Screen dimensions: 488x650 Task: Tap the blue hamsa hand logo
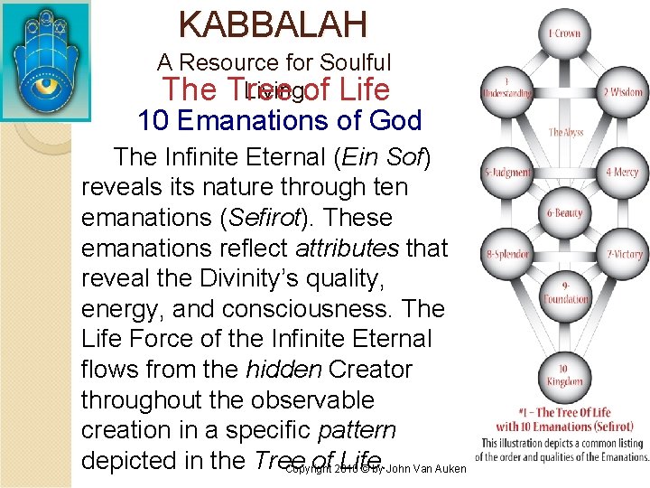(46, 48)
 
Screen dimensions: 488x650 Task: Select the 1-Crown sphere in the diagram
(565, 33)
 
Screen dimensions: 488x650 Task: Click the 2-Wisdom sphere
(622, 92)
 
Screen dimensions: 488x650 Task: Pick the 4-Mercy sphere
(622, 172)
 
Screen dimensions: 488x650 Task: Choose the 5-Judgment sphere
(508, 172)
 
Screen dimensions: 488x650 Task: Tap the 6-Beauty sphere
(565, 213)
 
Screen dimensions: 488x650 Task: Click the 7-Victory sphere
(622, 254)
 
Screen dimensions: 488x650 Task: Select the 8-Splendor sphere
(508, 254)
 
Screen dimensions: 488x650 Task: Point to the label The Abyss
(567, 133)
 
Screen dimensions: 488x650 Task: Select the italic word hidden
(280, 370)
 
